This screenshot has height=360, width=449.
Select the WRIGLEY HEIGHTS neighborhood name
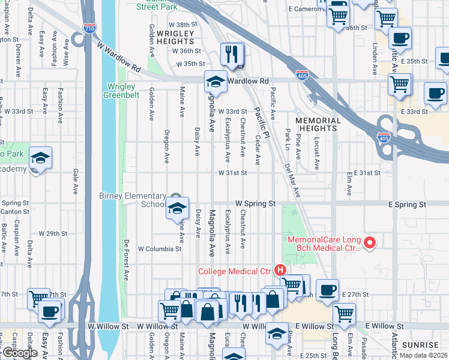tap(175, 38)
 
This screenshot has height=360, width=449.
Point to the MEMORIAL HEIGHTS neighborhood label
tap(318, 124)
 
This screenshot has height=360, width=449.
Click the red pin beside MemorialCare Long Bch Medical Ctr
tap(370, 243)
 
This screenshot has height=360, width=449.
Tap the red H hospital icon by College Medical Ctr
tap(279, 271)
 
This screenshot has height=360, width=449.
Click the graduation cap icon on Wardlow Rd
tap(215, 82)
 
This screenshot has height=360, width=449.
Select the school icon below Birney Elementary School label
tap(177, 208)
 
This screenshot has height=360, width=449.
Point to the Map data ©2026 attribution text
tap(424, 355)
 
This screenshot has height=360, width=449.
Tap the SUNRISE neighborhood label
tap(421, 345)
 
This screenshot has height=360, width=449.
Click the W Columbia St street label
tap(159, 248)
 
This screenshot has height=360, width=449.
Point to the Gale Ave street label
tap(76, 181)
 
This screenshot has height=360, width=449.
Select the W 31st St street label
tap(232, 173)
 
